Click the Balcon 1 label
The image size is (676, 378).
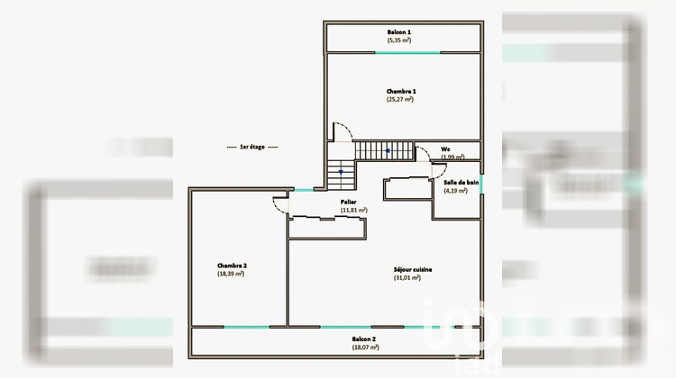(x=400, y=31)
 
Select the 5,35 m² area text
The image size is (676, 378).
(x=400, y=40)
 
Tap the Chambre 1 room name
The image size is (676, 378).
(x=401, y=91)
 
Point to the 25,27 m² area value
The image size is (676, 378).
(x=401, y=100)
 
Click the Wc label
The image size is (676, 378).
(x=445, y=148)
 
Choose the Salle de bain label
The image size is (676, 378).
(x=461, y=182)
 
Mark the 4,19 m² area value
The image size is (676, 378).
(x=455, y=191)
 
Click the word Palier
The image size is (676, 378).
(x=348, y=202)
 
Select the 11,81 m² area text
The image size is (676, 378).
(x=353, y=211)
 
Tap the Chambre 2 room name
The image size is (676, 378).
(x=232, y=265)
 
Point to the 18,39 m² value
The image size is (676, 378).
(x=232, y=274)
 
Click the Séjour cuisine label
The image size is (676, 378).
(x=413, y=269)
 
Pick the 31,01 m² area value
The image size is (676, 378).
(x=407, y=278)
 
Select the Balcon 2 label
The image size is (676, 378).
(x=365, y=339)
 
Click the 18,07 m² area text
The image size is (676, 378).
(x=365, y=348)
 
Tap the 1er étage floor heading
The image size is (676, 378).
(x=252, y=146)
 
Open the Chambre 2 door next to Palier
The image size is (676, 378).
(x=279, y=203)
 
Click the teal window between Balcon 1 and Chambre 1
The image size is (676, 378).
(x=407, y=52)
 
